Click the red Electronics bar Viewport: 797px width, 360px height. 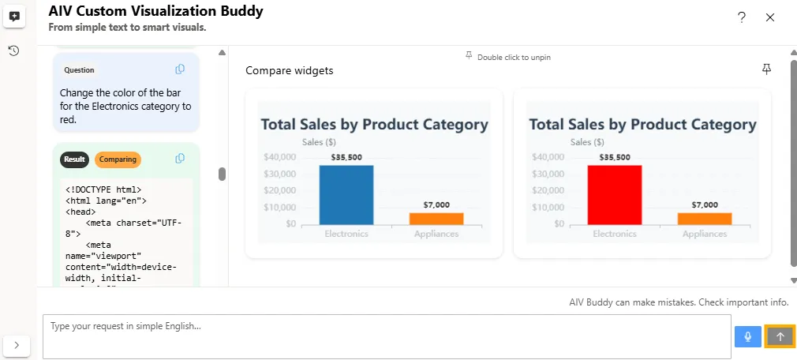pyautogui.click(x=614, y=194)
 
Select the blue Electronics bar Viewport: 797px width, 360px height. pyautogui.click(x=346, y=194)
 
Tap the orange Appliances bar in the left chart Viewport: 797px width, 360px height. pyautogui.click(x=436, y=219)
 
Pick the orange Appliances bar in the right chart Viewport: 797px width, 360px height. pyautogui.click(x=705, y=219)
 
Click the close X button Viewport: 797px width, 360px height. pyautogui.click(x=770, y=17)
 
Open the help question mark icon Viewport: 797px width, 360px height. pyautogui.click(x=742, y=17)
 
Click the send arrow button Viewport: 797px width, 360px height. pyautogui.click(x=780, y=336)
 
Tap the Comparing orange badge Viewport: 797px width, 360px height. pyautogui.click(x=118, y=159)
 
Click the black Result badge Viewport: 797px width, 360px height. pyautogui.click(x=75, y=159)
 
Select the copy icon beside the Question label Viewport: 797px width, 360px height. pyautogui.click(x=180, y=69)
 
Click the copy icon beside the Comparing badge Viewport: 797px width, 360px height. pyautogui.click(x=180, y=159)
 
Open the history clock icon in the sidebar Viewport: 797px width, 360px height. pyautogui.click(x=14, y=51)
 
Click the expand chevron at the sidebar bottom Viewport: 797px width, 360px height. pyautogui.click(x=17, y=345)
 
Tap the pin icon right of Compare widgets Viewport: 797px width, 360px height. pyautogui.click(x=766, y=69)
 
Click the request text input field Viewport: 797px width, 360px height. pyautogui.click(x=387, y=336)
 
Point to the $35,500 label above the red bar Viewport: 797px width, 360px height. pyautogui.click(x=615, y=157)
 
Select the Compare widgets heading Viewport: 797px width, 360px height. pyautogui.click(x=290, y=71)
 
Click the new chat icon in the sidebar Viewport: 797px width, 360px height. pyautogui.click(x=14, y=17)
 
